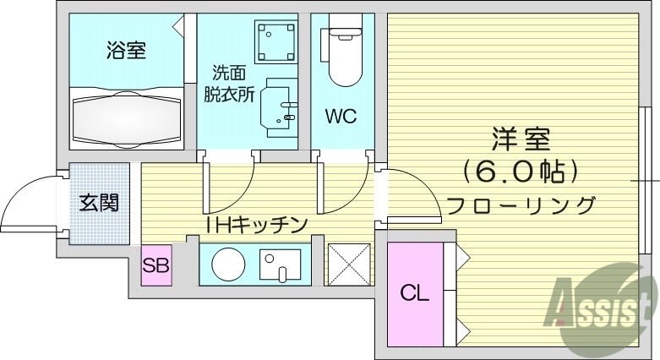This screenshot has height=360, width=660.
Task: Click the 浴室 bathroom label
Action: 126,51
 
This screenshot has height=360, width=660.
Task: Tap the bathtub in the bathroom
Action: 126,119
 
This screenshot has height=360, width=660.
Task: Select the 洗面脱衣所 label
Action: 228,85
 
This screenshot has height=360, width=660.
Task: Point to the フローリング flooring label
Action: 521,205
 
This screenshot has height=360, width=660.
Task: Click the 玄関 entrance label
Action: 99,203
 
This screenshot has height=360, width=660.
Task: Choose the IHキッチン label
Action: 255,224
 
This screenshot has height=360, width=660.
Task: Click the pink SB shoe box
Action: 155,265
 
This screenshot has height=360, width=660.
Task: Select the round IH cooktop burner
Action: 226,265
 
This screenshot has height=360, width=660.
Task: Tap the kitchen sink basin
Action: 280,265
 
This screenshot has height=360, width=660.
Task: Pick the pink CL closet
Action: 414,293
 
